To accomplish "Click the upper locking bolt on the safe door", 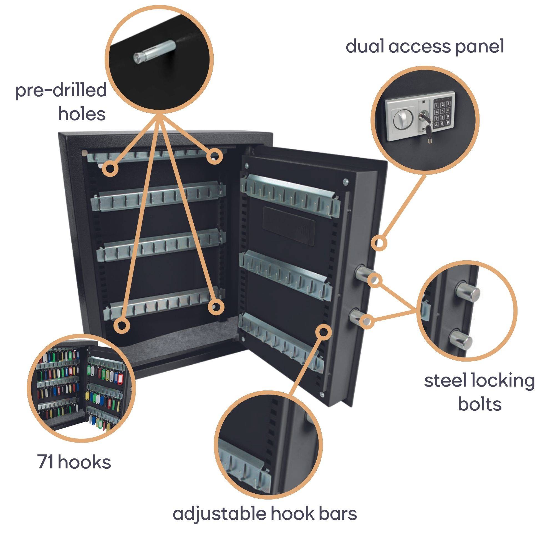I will [364, 272].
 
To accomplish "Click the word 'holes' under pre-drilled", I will [82, 114].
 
